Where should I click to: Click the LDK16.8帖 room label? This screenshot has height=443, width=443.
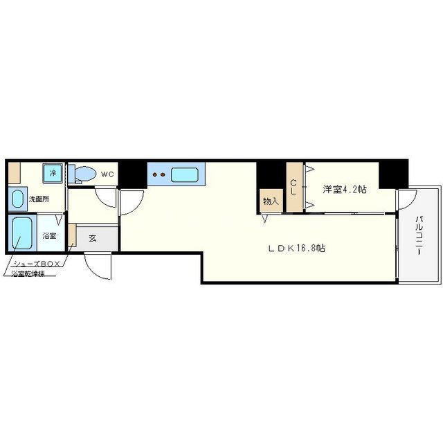(296, 248)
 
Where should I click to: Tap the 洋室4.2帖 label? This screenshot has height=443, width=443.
(345, 189)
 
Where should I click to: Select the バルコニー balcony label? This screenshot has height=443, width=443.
(419, 235)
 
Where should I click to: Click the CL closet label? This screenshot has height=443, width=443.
(293, 187)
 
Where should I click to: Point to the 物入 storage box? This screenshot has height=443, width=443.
(271, 201)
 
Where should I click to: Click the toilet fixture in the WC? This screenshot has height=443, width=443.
(82, 174)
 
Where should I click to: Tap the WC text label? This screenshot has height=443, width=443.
(107, 174)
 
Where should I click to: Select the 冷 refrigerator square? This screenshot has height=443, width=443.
(53, 173)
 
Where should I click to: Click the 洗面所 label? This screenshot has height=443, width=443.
(39, 199)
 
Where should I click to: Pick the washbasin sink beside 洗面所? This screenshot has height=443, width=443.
(18, 199)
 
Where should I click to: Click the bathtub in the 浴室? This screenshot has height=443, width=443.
(22, 233)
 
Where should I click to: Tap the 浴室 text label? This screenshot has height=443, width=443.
(49, 235)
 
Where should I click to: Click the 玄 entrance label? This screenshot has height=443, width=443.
(92, 238)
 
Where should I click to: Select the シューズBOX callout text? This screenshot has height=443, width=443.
(37, 264)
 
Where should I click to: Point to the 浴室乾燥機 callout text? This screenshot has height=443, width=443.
(28, 273)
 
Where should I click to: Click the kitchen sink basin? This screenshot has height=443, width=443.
(185, 174)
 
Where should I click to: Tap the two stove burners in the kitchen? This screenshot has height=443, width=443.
(159, 174)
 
